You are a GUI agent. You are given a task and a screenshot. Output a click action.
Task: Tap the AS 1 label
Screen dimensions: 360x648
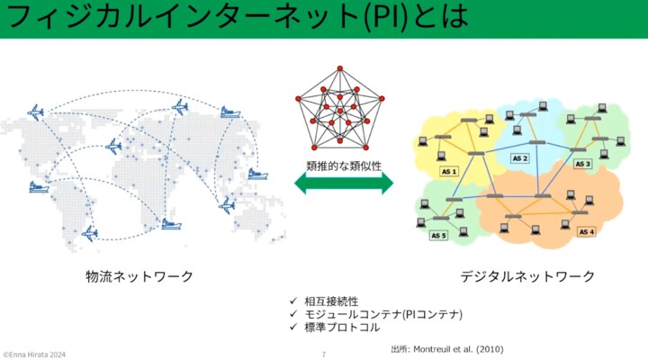(448, 171)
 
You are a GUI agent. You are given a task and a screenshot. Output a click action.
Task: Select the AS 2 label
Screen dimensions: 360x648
(520, 158)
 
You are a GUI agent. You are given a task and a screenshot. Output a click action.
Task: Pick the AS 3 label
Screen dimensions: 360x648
(582, 164)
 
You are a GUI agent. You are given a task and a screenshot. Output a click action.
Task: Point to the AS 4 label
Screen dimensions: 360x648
(586, 231)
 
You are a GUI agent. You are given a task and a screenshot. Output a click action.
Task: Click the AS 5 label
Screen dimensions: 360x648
(438, 236)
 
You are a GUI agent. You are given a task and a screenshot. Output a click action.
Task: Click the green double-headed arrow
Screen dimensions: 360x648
(343, 184)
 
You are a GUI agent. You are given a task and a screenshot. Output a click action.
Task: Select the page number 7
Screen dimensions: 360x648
(323, 354)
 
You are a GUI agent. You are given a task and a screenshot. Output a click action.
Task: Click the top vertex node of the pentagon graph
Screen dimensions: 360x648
(339, 69)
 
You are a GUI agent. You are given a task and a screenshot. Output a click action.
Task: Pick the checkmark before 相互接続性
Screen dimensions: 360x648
(292, 301)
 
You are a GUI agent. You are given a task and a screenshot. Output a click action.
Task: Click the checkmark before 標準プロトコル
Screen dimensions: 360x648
(292, 328)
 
